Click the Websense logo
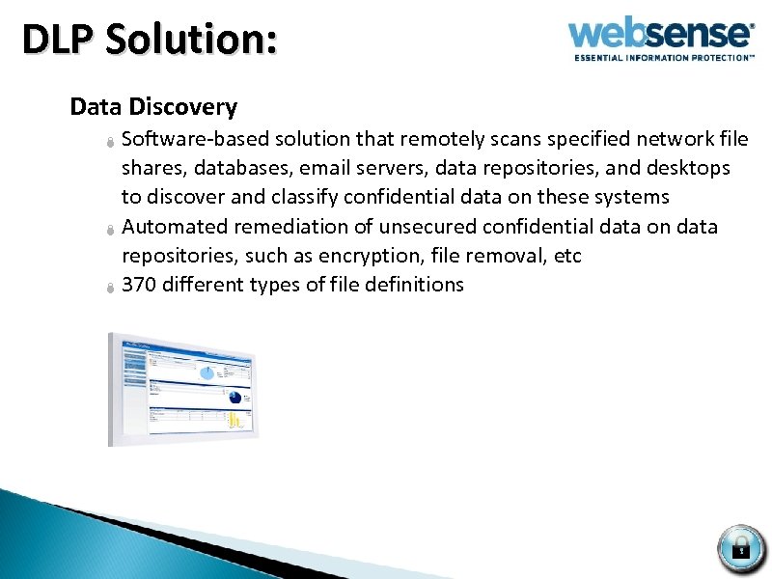tap(661, 35)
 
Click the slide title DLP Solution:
tap(150, 40)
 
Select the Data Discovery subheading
tap(153, 106)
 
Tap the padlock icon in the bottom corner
tap(741, 548)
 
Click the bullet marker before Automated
tap(111, 230)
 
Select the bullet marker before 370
tap(111, 288)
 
